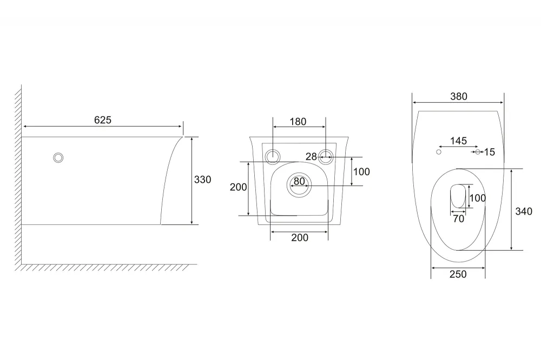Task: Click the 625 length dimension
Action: tap(103, 120)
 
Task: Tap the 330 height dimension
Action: tap(202, 179)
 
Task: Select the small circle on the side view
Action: tap(58, 158)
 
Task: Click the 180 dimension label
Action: tap(298, 122)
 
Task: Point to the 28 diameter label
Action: tap(311, 157)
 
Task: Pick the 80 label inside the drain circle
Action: tap(299, 181)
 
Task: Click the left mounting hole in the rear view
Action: tap(273, 157)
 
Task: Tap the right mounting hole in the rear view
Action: tap(325, 157)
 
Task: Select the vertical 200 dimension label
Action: tap(239, 187)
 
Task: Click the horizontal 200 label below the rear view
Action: tap(300, 238)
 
